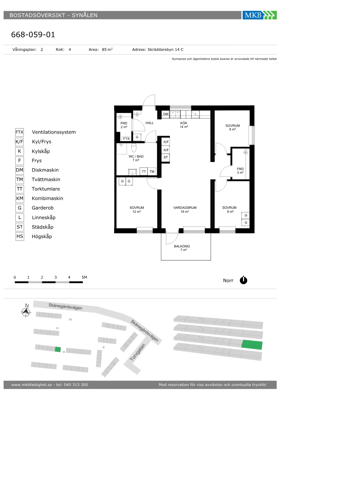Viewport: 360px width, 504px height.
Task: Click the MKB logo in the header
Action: [x=260, y=15]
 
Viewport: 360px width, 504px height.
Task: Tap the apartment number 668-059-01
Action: [x=33, y=35]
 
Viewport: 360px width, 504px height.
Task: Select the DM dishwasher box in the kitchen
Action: [x=166, y=114]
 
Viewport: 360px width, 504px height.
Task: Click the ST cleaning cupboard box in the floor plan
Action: [x=166, y=157]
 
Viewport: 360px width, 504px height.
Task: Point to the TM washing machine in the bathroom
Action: [x=152, y=171]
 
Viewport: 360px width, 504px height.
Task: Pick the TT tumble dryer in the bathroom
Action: [x=144, y=171]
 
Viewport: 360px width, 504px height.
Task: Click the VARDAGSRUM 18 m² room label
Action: [x=185, y=210]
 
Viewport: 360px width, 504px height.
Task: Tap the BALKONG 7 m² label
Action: [x=182, y=248]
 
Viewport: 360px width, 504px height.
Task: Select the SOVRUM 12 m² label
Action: [x=136, y=210]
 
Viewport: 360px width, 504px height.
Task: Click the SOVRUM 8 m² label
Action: [x=233, y=127]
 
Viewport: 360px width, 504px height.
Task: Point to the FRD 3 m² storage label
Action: [x=240, y=171]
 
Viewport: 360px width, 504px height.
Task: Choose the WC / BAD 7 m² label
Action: [x=136, y=158]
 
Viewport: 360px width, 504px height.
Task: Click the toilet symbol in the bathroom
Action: [x=134, y=148]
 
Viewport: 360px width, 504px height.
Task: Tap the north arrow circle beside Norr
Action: [x=243, y=280]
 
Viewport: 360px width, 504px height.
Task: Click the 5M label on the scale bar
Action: [x=84, y=277]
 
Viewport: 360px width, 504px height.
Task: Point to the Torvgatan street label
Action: [x=138, y=352]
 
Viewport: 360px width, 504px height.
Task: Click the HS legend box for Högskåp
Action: [x=19, y=236]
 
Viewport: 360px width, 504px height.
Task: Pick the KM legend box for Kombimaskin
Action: [x=19, y=198]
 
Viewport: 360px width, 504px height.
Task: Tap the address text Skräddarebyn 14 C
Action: [x=165, y=50]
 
